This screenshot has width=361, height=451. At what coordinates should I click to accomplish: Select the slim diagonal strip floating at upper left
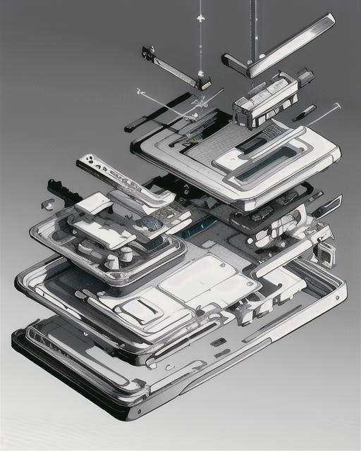click(173, 69)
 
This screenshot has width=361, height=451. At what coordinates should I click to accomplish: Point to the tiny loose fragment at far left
click(48, 204)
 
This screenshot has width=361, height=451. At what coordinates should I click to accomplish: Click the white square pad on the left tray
click(93, 205)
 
